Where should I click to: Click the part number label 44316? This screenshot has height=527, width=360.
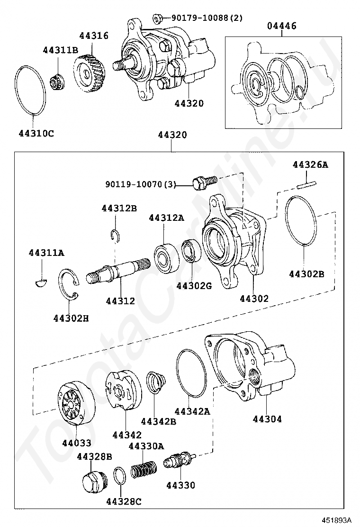[94, 36]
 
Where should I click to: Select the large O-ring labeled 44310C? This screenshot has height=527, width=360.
[32, 90]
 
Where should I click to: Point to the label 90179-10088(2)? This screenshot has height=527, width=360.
[207, 18]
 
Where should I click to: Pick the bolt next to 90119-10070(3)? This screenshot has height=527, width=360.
[205, 181]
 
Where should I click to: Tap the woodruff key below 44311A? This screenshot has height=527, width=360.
[41, 283]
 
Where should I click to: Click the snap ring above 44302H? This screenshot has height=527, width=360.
[68, 284]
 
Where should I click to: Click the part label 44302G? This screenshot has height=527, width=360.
[194, 286]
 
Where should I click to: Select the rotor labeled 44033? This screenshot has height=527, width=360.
[76, 403]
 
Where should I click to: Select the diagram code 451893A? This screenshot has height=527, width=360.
[338, 519]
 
